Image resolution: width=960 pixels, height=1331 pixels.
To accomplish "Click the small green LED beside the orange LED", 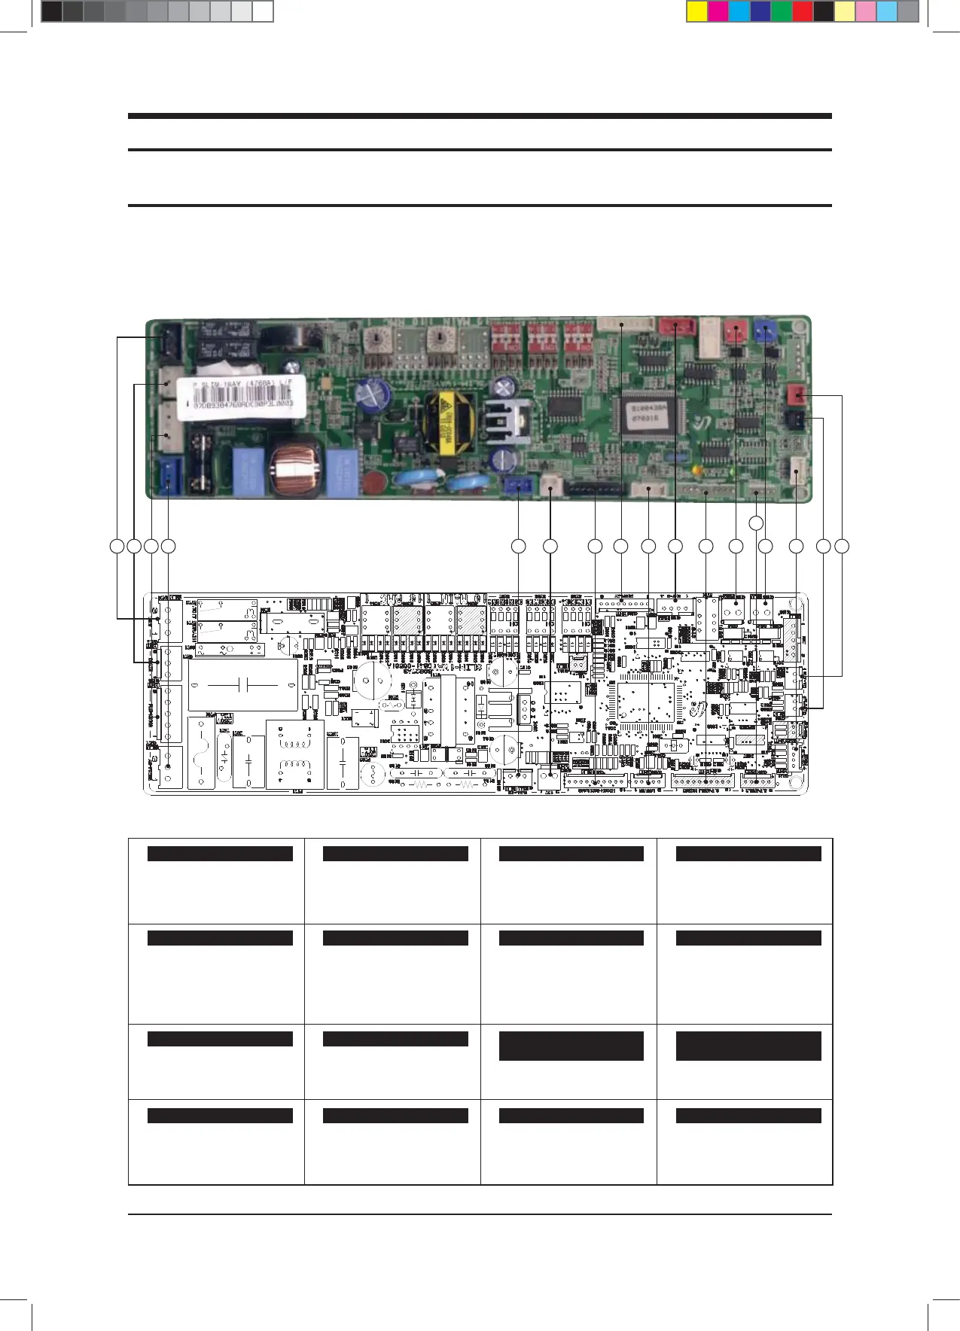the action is (x=733, y=472).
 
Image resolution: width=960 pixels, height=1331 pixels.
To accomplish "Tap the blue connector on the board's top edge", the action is (x=767, y=330).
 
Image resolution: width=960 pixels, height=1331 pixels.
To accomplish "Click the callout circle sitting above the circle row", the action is (x=757, y=522).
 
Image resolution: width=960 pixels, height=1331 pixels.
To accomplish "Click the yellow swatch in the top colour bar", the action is (x=697, y=12).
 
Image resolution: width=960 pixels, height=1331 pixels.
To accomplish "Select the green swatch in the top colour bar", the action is (x=782, y=12).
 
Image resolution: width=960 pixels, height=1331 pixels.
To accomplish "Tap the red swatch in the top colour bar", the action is (x=803, y=12).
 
